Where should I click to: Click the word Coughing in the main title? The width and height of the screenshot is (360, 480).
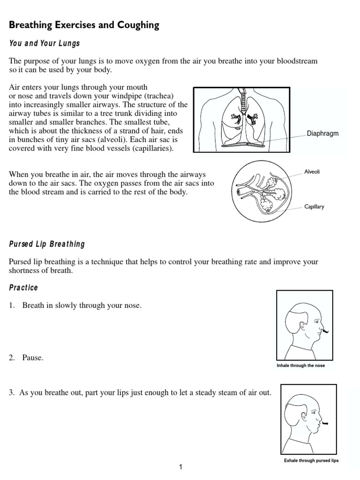(x=135, y=25)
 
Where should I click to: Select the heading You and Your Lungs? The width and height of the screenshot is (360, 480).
(x=45, y=43)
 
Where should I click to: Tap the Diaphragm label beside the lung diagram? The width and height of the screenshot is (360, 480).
(x=322, y=134)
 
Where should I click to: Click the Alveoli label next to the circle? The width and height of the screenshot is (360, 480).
(x=312, y=172)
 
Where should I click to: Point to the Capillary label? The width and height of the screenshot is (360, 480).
(x=314, y=206)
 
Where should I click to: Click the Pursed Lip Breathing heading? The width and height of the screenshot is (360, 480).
(x=47, y=244)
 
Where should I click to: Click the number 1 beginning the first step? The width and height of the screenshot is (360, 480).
(x=11, y=306)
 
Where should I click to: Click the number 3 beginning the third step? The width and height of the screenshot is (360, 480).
(x=11, y=393)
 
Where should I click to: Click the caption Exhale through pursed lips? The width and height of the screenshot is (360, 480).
(x=311, y=460)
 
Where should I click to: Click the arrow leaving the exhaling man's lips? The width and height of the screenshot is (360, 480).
(x=324, y=424)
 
